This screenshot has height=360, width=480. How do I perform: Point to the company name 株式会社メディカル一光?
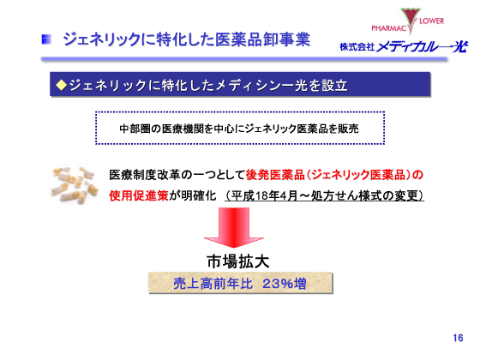(403, 45)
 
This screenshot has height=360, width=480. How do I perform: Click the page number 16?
(457, 336)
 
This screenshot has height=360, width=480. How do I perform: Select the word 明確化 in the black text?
(195, 195)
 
